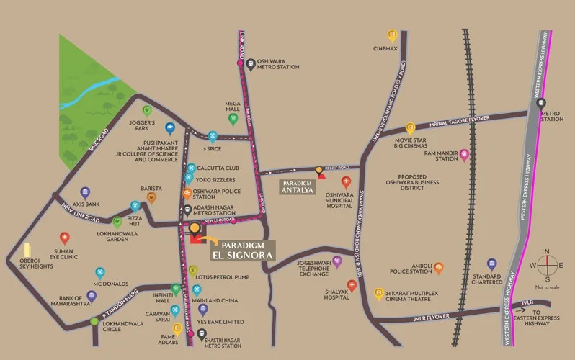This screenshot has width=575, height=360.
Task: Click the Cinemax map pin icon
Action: coord(392,35)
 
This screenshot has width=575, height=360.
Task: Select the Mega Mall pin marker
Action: coord(233,119)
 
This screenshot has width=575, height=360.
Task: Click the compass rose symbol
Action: coord(547,266)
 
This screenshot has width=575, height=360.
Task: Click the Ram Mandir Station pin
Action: coord(465,155)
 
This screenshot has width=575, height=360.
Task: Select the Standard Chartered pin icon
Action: coord(492,264)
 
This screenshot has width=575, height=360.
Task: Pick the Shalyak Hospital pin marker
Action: coord(352,285)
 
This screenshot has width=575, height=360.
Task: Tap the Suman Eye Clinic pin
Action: coord(65,238)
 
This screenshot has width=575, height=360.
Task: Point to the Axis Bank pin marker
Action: coord(85,193)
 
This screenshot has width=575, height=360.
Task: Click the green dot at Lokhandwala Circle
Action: coord(94,322)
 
